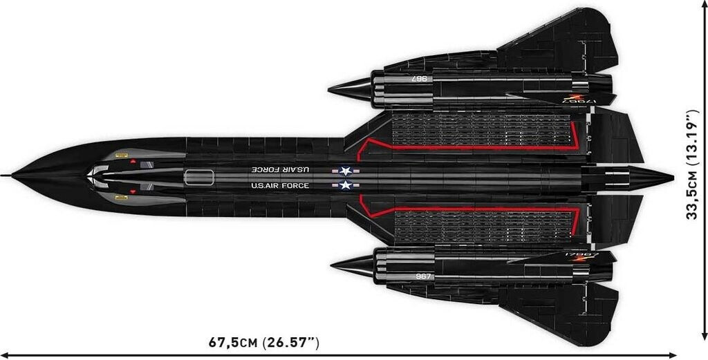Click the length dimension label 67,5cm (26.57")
[264, 342]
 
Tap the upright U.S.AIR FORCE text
[280, 185]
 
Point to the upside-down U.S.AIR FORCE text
[280, 169]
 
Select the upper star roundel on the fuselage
[345, 170]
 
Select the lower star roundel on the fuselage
[345, 184]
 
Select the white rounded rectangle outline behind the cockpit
[199, 176]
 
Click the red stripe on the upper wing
[470, 147]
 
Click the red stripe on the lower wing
[470, 207]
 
